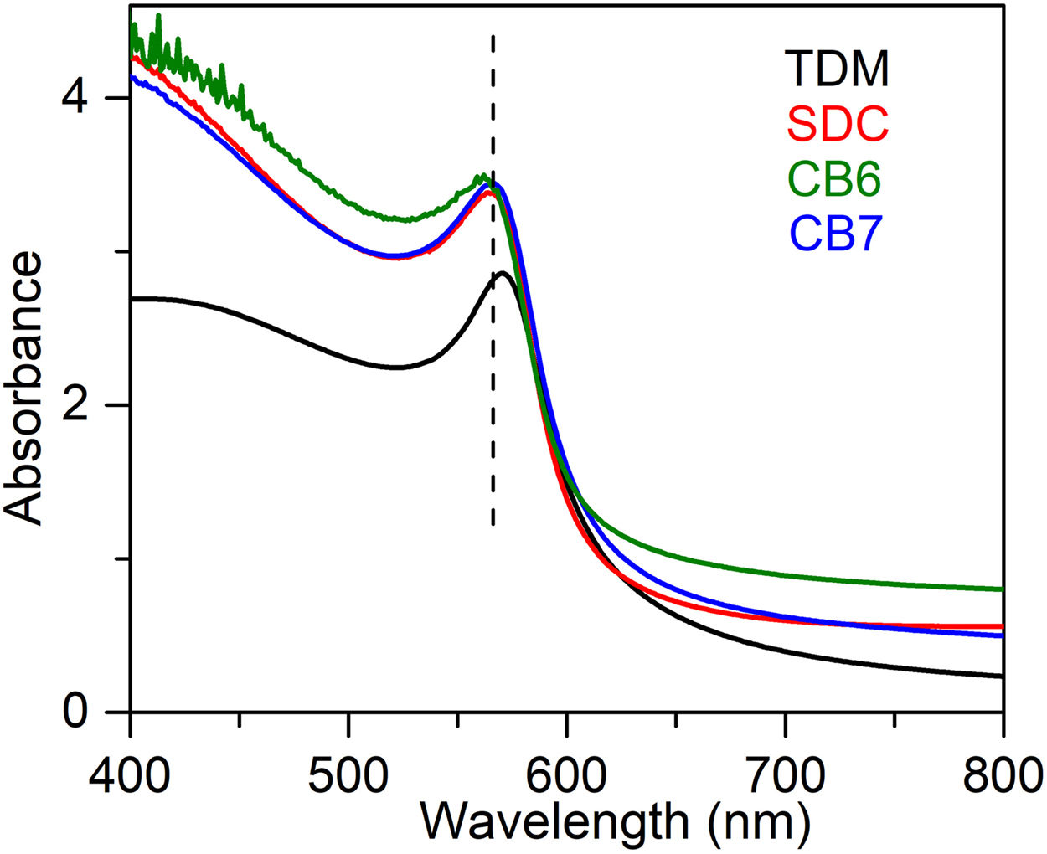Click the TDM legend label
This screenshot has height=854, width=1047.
point(838,69)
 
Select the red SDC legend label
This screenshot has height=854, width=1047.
point(838,124)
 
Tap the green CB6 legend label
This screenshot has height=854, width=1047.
point(834,179)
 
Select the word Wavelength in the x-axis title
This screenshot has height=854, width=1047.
point(553,822)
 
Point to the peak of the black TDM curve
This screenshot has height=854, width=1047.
point(503,273)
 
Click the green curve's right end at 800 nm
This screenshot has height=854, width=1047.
point(1002,589)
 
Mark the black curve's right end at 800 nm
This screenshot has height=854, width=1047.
point(1002,676)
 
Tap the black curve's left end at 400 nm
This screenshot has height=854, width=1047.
point(132,299)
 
